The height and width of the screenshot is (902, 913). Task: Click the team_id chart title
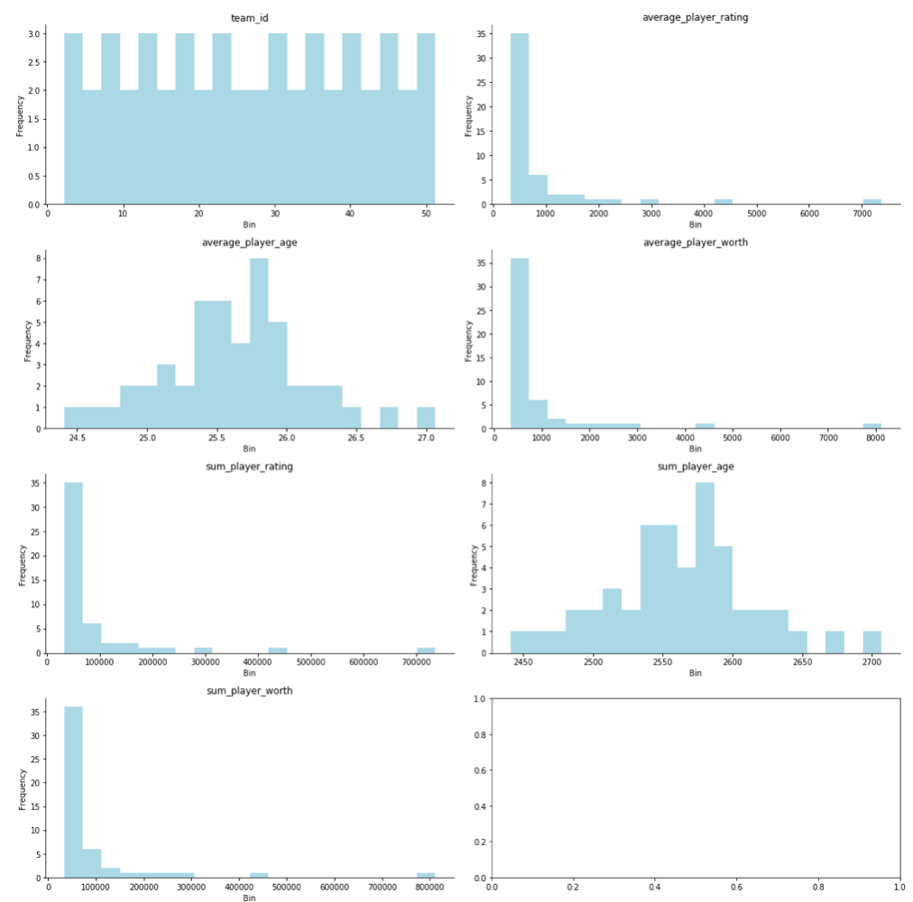click(249, 17)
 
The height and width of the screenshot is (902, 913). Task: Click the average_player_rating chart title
click(695, 17)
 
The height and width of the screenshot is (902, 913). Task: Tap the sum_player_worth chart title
click(249, 690)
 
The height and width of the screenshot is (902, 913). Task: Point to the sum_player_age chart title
click(695, 466)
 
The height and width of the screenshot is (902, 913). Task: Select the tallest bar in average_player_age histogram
click(259, 343)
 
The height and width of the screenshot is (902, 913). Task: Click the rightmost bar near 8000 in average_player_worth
click(871, 426)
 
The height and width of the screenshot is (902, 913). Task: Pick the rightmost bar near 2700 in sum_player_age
click(871, 642)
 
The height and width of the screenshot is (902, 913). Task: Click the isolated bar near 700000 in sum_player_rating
click(425, 649)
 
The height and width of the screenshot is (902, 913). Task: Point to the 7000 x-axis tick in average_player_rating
click(862, 215)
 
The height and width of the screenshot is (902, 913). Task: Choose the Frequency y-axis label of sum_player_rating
click(23, 565)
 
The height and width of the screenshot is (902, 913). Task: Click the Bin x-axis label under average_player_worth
click(695, 449)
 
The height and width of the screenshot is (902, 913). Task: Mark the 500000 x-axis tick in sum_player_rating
click(310, 663)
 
